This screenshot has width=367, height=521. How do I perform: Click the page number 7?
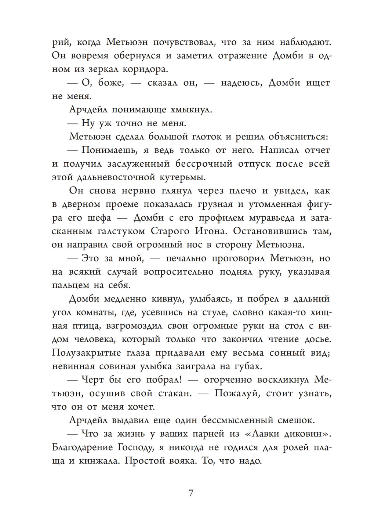191,493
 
